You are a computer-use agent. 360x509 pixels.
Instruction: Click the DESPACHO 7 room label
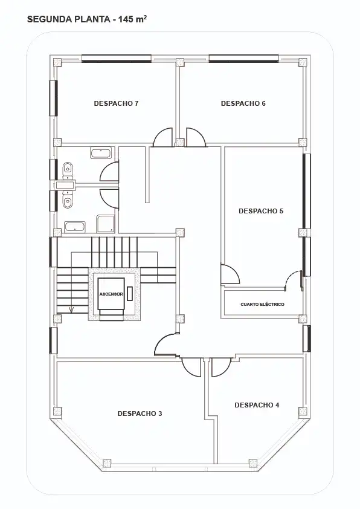(116, 103)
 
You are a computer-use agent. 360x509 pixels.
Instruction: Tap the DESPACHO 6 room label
(243, 103)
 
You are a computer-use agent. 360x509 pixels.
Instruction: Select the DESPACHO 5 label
(261, 211)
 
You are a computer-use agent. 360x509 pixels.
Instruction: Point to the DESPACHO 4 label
(257, 405)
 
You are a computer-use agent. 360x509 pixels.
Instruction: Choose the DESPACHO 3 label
(140, 413)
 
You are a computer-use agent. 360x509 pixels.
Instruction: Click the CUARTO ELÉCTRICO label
(262, 305)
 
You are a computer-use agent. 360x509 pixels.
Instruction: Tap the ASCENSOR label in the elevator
(111, 294)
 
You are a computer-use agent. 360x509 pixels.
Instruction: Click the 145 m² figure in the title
(133, 19)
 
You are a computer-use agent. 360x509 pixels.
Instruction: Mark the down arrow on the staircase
(71, 310)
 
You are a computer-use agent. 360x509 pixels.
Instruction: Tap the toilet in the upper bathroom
(68, 169)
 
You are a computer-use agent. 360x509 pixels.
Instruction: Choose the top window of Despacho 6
(244, 59)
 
